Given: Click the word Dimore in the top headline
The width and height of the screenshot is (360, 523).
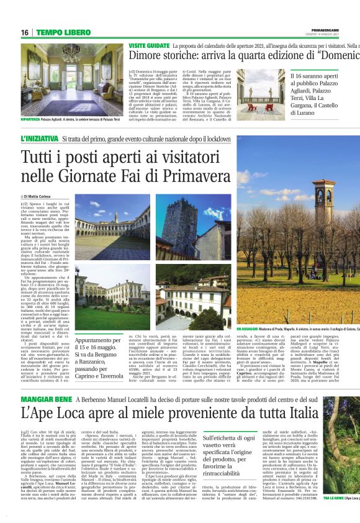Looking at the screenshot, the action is point(147,58).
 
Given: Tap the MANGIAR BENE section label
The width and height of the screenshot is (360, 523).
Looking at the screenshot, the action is point(46,381).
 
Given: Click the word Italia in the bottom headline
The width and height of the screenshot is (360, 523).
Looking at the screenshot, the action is point(294,396).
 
